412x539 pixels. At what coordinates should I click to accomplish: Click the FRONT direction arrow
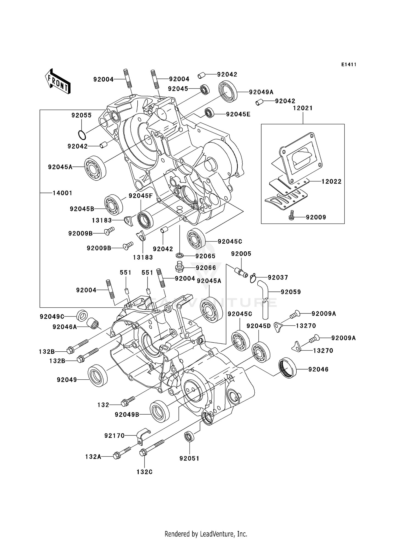[x=58, y=82]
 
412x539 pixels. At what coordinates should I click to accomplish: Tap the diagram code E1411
[x=349, y=65]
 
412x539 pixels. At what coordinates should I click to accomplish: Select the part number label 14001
[x=62, y=193]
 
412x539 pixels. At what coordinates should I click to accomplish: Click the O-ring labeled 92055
[x=82, y=135]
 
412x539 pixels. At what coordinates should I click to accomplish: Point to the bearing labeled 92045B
[x=113, y=205]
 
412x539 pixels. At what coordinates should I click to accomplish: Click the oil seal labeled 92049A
[x=228, y=91]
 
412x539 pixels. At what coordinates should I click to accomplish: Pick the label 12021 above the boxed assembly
[x=303, y=108]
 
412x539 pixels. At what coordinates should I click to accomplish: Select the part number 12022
[x=331, y=182]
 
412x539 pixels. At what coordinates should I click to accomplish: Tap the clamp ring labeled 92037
[x=253, y=278]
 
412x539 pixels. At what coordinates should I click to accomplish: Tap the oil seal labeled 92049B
[x=160, y=411]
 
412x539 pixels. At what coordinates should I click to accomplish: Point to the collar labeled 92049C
[x=82, y=315]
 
